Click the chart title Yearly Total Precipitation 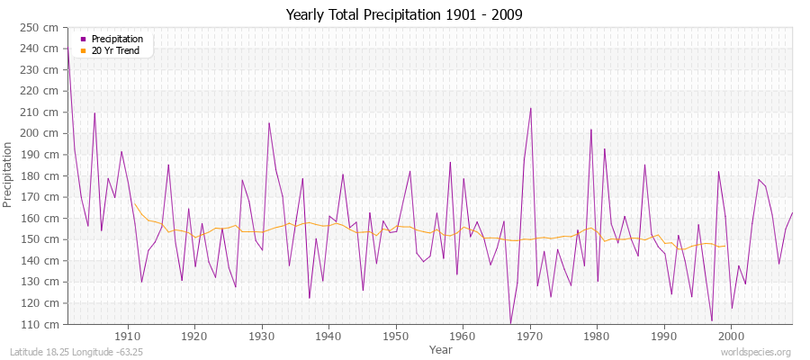(x=404, y=14)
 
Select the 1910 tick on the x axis (x=128, y=336)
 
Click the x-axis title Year (x=441, y=348)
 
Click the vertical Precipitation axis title (x=9, y=175)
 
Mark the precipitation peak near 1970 (x=531, y=108)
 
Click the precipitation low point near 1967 (x=510, y=323)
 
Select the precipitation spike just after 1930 (x=269, y=123)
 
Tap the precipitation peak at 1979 (x=591, y=130)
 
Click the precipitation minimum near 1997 (x=712, y=320)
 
